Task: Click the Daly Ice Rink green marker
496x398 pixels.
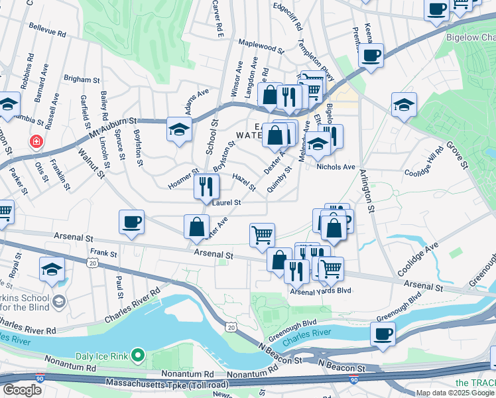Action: (x=138, y=356)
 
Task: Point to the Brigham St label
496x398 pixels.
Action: (x=82, y=79)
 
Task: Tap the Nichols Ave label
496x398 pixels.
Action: (x=336, y=166)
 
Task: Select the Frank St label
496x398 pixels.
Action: (x=103, y=253)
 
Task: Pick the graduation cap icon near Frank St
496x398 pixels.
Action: (x=52, y=269)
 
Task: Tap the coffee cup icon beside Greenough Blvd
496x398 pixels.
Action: (x=383, y=332)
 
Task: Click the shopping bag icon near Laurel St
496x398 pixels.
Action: (x=197, y=227)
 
